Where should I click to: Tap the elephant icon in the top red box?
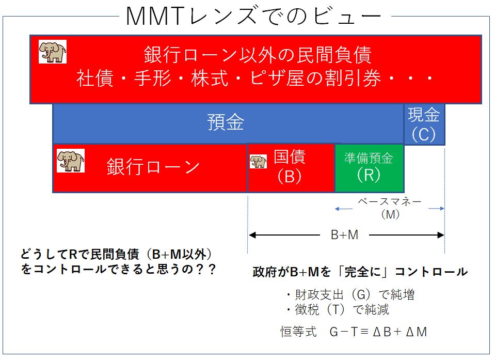point(53,52)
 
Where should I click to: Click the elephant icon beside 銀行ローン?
point(71,161)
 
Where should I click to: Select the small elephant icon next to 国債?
point(258,161)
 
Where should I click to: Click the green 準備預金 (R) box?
point(369,168)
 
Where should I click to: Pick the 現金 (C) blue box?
point(424,124)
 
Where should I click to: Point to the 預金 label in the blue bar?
point(226,122)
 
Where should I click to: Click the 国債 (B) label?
point(290,166)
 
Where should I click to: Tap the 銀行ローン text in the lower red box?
point(153,166)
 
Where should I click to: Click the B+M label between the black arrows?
point(344,234)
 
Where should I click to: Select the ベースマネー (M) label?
point(390,208)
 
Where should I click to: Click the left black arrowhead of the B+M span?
point(252,235)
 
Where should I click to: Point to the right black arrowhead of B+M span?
point(440,235)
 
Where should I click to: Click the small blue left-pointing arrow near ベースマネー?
point(343,209)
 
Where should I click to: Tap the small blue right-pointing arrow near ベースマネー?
point(436,209)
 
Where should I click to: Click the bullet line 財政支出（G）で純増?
point(350,294)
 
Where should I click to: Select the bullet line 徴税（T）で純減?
point(338,309)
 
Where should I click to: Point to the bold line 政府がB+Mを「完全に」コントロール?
point(360,272)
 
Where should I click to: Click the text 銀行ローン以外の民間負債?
point(258,55)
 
